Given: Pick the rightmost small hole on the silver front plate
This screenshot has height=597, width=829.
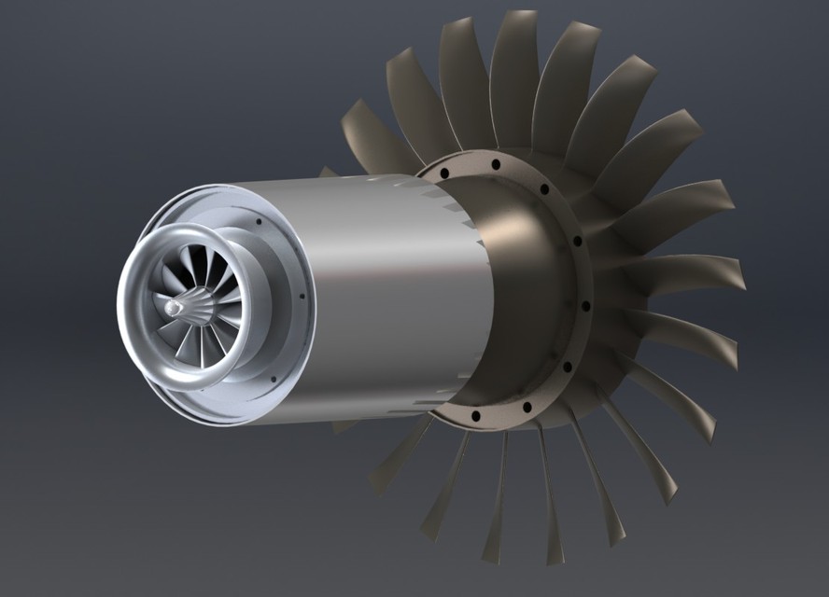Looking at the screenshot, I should pyautogui.click(x=302, y=298).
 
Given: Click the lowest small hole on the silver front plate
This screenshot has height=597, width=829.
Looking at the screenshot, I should pyautogui.click(x=273, y=379).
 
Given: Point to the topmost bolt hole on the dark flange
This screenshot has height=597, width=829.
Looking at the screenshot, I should pyautogui.click(x=496, y=165).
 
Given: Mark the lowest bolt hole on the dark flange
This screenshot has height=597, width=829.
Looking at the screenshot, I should pyautogui.click(x=476, y=415).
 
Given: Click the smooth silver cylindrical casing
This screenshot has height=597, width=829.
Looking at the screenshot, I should pyautogui.click(x=392, y=298).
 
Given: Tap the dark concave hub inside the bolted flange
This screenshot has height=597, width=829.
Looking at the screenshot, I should pyautogui.click(x=523, y=280).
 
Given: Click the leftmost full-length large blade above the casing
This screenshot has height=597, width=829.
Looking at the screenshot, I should pyautogui.click(x=373, y=135).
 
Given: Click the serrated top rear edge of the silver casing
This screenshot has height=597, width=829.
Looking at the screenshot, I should pyautogui.click(x=448, y=201).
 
